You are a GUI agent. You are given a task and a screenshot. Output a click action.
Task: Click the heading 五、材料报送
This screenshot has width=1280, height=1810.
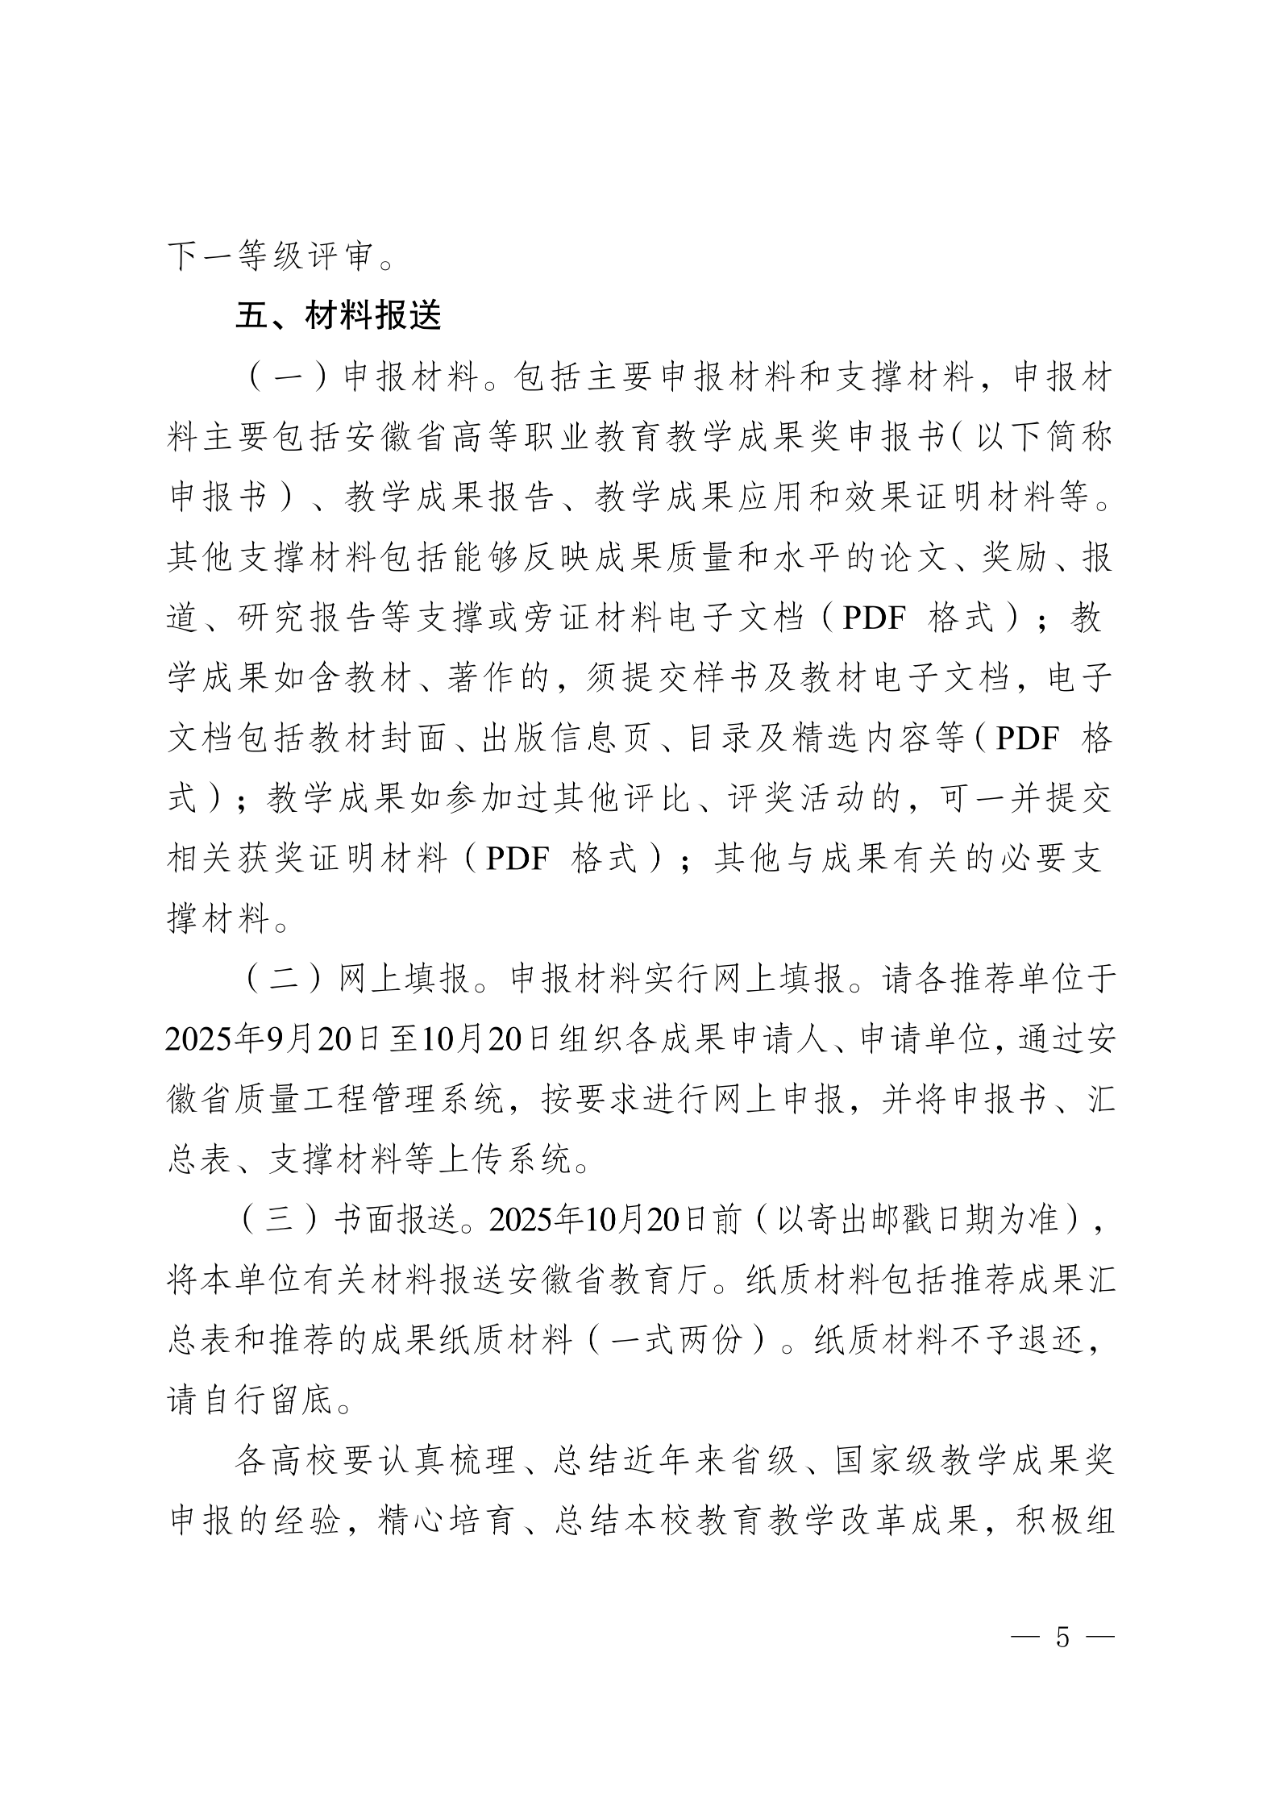338,317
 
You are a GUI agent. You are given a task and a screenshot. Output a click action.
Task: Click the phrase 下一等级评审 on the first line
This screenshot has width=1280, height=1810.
269,257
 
